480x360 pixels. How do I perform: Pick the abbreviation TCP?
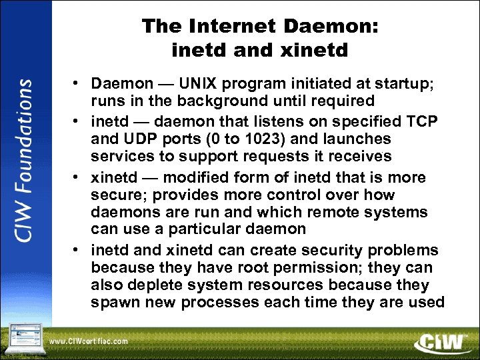[409, 122]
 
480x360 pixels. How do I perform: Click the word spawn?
[115, 302]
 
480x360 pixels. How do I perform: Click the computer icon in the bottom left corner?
[23, 337]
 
